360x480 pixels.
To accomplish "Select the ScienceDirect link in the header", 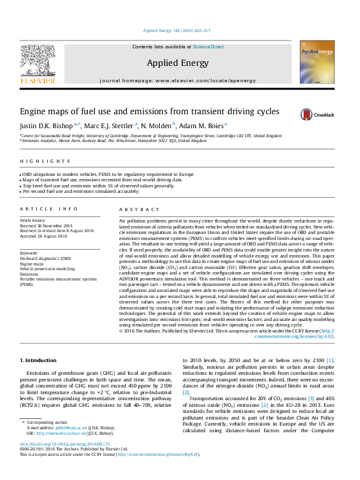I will click(x=208, y=47).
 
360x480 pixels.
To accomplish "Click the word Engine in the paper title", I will click(x=34, y=112).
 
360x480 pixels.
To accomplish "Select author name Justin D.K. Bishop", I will click(x=45, y=126).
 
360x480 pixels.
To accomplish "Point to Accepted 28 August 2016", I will click(x=45, y=236).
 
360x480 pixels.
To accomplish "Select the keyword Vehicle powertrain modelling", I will click(x=47, y=268).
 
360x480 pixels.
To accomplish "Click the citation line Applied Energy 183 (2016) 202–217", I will click(x=177, y=30).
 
